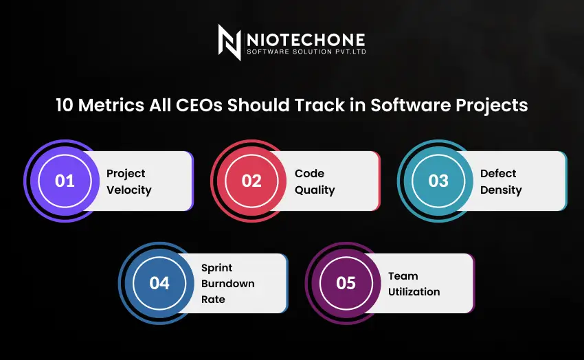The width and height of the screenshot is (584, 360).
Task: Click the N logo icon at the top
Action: (x=229, y=43)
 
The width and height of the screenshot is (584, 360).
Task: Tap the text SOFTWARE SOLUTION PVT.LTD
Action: (x=305, y=54)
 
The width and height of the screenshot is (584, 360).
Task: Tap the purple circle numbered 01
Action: (x=65, y=181)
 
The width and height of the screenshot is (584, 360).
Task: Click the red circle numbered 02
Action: (x=251, y=181)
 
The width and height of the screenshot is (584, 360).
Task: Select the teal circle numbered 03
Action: (x=438, y=181)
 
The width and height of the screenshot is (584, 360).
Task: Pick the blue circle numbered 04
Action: (x=159, y=283)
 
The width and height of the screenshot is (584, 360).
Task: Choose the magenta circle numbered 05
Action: (x=346, y=283)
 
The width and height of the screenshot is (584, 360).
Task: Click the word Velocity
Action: (x=129, y=190)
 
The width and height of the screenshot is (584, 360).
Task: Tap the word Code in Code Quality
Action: (x=309, y=173)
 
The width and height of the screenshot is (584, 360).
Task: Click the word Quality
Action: (x=315, y=190)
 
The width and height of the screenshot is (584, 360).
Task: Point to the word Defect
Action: (x=498, y=173)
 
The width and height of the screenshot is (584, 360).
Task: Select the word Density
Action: (x=501, y=190)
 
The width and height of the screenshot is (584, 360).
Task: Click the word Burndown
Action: (x=227, y=283)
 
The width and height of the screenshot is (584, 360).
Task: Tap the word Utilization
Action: (x=414, y=291)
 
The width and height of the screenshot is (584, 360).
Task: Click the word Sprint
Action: (x=216, y=267)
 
